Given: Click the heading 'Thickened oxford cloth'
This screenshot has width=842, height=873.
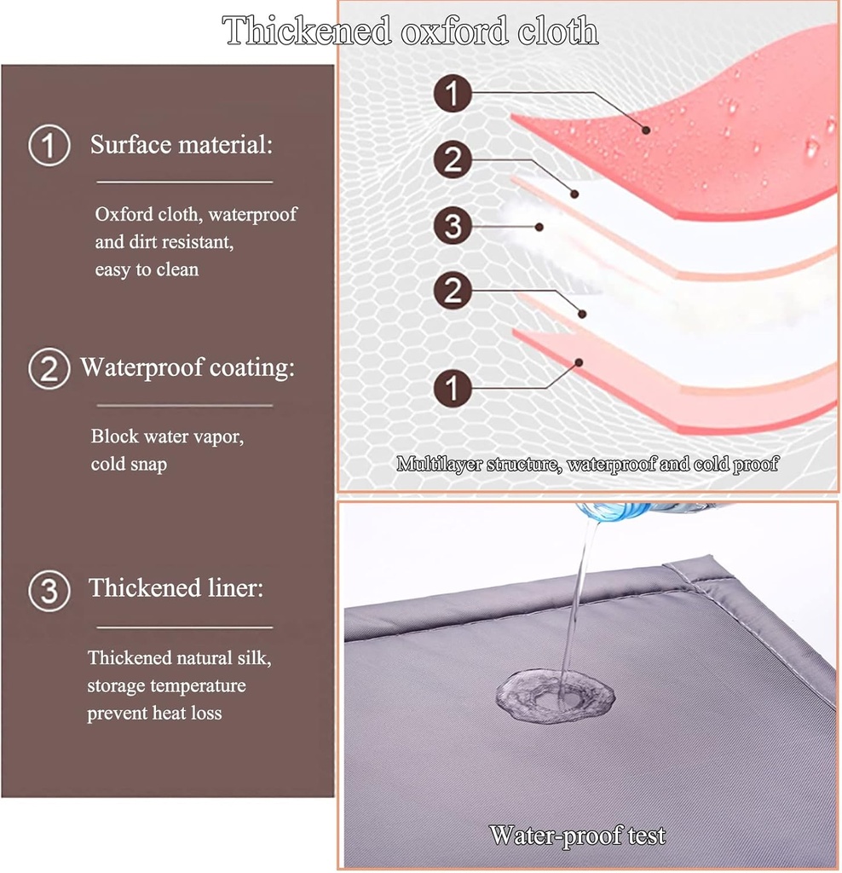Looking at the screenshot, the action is point(411,31).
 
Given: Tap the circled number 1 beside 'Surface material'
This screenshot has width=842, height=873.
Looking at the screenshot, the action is point(49,145).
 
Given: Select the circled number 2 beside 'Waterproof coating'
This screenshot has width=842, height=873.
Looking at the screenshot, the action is point(49,368).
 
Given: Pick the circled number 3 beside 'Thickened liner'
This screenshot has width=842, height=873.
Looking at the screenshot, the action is point(49,590).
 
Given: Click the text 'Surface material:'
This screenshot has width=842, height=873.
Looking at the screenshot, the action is point(182,144).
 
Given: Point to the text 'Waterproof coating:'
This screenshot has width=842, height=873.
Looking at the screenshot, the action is point(187,367).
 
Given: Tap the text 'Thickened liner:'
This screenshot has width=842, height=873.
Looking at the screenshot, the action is point(176,588).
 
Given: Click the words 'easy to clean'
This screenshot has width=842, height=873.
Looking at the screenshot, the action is point(147,269).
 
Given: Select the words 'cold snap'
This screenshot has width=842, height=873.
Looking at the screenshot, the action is point(129,464).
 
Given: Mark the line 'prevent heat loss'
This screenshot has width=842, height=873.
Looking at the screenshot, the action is point(154,714).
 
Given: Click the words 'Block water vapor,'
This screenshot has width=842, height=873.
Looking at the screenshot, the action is point(167,436).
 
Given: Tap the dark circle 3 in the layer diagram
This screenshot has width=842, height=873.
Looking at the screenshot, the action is point(453,225).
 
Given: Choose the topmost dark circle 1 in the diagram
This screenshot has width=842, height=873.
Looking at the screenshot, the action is point(453,93).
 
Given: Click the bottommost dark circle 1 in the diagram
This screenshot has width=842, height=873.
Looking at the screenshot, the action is point(453,388).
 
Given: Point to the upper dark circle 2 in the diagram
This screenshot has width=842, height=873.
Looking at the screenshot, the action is point(453,159).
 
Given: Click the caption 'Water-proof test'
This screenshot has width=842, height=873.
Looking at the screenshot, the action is point(577,835).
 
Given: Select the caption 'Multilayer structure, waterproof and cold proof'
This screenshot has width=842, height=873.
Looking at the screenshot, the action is point(587,464).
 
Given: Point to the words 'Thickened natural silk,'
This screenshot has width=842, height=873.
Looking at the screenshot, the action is point(179,658).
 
